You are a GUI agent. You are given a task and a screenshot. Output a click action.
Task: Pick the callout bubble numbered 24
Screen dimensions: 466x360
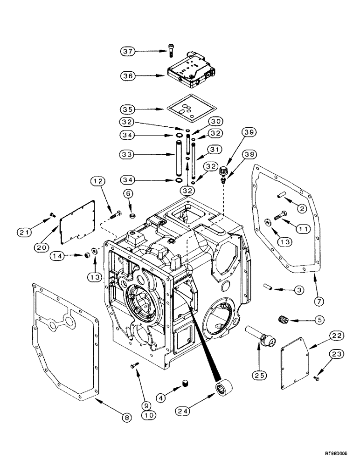tap(185, 411)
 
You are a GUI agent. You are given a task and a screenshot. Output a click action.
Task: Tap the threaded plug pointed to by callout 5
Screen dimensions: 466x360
tap(281, 321)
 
